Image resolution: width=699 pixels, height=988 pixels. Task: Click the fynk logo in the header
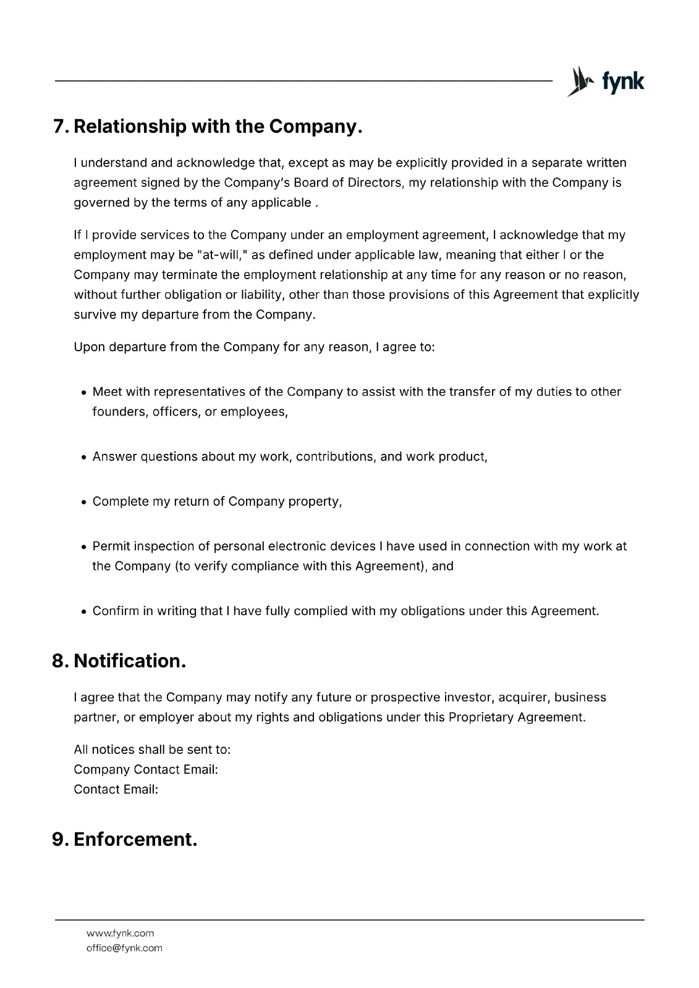tap(606, 82)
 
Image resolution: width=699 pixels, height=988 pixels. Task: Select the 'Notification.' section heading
tap(130, 661)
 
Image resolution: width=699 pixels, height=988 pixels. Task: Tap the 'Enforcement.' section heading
tap(135, 839)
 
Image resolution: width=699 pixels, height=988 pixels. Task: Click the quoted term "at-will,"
tap(213, 255)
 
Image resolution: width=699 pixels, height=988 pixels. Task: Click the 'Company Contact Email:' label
tap(146, 769)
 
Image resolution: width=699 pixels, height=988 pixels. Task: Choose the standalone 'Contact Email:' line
tap(116, 789)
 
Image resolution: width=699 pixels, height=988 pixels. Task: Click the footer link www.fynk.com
tap(120, 933)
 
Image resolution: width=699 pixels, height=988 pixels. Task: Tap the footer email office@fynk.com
tap(124, 948)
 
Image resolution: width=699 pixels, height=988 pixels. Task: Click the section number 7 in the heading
tap(60, 127)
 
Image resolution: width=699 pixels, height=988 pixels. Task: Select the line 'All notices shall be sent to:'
tap(152, 750)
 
